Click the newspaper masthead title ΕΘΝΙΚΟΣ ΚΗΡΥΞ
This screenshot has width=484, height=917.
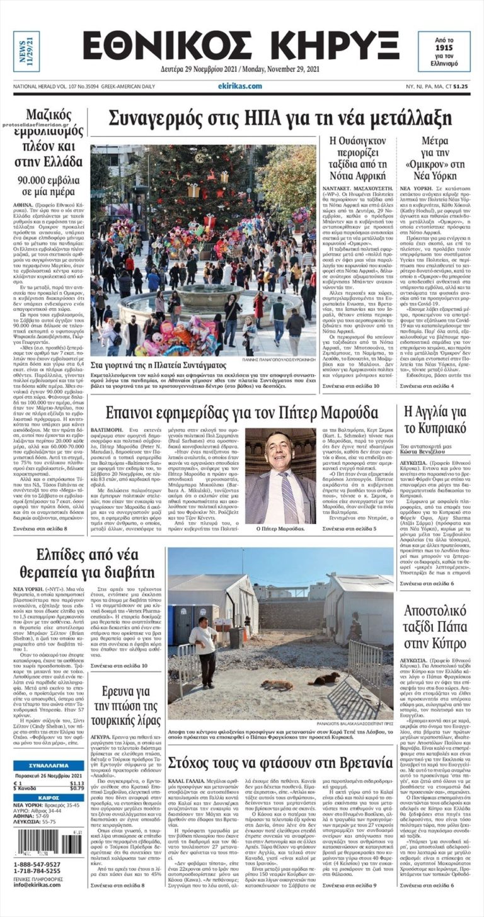240,47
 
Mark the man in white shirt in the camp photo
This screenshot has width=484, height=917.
204,645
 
